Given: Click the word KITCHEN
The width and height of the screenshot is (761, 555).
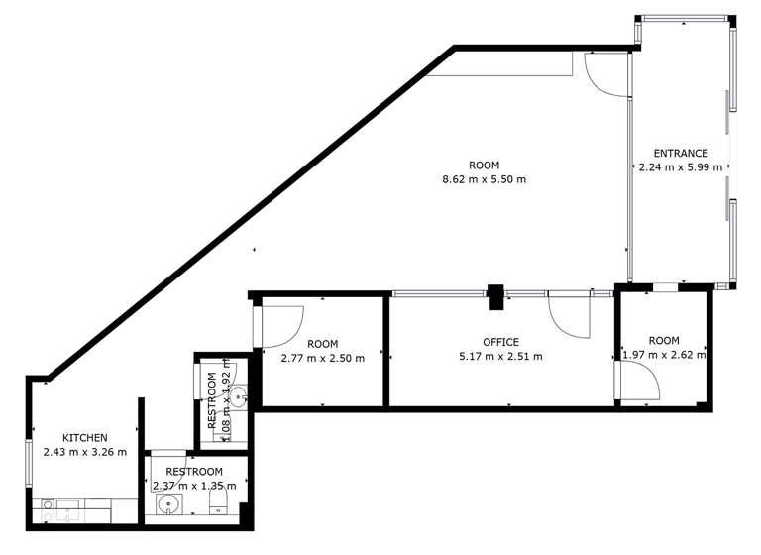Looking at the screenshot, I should (x=85, y=438).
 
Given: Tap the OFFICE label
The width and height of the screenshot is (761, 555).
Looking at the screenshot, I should (x=500, y=343).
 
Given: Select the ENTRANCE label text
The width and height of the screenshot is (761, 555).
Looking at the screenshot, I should (x=681, y=154).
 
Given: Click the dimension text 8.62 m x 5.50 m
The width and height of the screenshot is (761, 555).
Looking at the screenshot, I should (x=485, y=179).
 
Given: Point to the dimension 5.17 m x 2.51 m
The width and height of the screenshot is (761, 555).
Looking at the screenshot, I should (x=500, y=357).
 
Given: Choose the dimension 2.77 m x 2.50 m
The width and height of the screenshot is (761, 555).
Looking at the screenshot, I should (x=322, y=359).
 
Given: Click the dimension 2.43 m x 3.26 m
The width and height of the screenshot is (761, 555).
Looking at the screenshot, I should (x=85, y=453).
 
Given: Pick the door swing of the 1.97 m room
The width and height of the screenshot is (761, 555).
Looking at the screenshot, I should (x=636, y=381).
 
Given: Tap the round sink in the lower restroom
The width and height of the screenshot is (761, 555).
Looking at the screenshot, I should (x=170, y=505).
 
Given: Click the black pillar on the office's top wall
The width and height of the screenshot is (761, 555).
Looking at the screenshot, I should (x=495, y=294).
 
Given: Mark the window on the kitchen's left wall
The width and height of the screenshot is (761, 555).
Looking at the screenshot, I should (x=31, y=462).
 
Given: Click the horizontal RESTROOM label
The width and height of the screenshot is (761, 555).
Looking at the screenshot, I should (x=194, y=472).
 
